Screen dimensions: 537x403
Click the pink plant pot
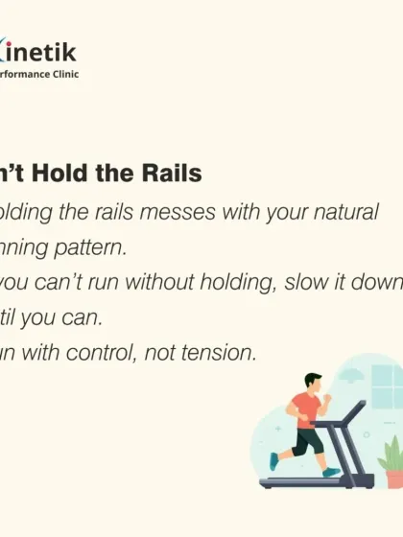click(x=391, y=477)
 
